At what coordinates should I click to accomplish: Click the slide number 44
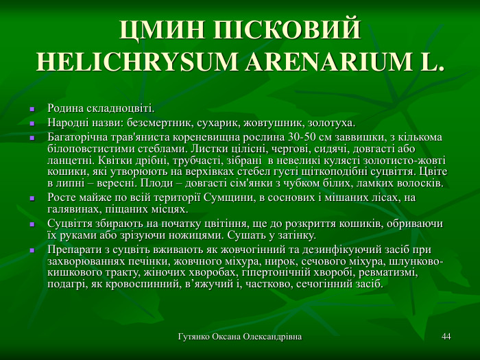click(x=446, y=337)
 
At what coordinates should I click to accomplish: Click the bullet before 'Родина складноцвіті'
click(x=32, y=110)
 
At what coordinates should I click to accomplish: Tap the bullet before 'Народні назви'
click(x=32, y=124)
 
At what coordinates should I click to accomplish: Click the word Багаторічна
click(x=75, y=136)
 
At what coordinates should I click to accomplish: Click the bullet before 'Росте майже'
click(x=32, y=198)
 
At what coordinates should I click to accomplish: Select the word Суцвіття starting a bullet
click(x=67, y=224)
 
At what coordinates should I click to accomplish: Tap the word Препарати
click(x=73, y=249)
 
